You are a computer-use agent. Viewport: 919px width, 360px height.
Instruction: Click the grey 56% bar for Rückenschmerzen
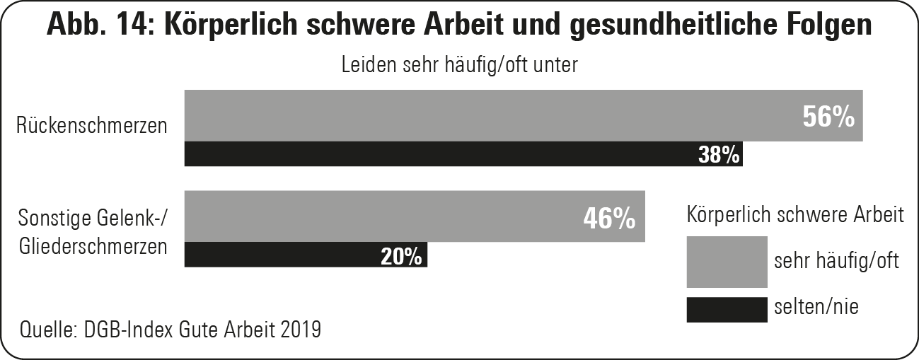point(488,115)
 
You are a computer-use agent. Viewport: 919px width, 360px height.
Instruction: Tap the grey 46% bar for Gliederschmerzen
point(382,216)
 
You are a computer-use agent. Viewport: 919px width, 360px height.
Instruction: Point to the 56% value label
point(828,117)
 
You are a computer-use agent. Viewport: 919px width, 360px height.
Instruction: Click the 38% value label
point(719,155)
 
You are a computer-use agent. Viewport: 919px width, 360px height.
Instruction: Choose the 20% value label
point(401,256)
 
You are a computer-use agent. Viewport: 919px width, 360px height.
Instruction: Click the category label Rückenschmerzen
point(93,127)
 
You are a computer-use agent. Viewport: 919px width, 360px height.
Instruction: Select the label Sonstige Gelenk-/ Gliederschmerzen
point(93,233)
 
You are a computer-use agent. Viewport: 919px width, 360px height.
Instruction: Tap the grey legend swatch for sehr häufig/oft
point(727,262)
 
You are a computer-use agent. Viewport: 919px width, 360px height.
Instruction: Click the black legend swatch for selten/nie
point(727,310)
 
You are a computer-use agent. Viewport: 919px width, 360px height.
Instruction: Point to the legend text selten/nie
point(816,306)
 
